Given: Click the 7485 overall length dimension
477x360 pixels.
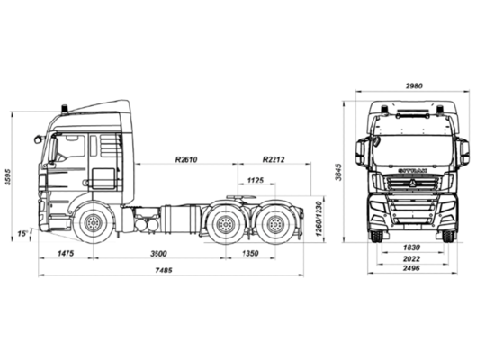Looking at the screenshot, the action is click(x=164, y=270).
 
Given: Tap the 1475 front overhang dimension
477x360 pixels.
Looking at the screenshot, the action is click(x=66, y=253).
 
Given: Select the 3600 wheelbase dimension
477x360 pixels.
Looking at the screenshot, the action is click(x=158, y=254).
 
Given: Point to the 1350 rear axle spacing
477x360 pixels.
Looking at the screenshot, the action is click(x=250, y=253).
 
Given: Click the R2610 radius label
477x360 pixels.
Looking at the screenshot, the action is click(x=186, y=159).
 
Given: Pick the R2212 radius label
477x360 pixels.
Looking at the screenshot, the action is click(x=274, y=159).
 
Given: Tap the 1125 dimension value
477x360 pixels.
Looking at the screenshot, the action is click(x=256, y=181).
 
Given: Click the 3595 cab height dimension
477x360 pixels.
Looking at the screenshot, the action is click(x=7, y=176).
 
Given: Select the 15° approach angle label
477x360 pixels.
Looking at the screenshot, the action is click(x=22, y=234).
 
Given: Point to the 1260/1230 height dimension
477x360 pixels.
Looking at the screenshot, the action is click(x=319, y=219).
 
